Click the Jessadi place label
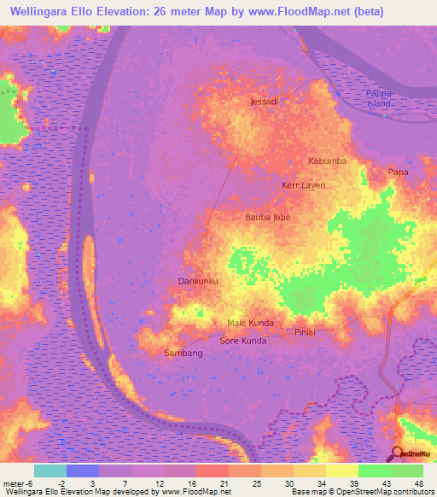(x=264, y=102)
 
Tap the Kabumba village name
(x=327, y=161)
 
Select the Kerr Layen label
(x=303, y=184)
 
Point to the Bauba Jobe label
(x=267, y=217)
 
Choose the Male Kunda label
(x=250, y=323)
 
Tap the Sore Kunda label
(x=243, y=341)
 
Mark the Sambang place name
(x=183, y=353)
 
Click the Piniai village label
(x=305, y=331)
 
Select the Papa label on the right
(x=398, y=172)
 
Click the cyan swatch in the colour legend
(x=50, y=471)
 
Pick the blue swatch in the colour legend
(x=83, y=471)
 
